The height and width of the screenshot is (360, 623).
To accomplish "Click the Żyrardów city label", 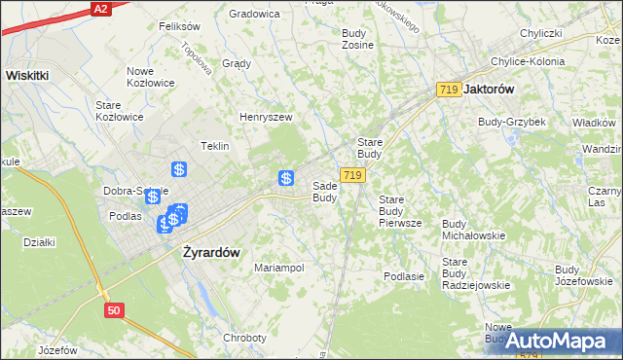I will click(211, 251).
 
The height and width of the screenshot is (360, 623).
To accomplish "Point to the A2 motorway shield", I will click(100, 8).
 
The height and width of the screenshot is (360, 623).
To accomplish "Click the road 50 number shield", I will click(115, 309).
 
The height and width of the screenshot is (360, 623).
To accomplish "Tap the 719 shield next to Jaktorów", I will click(449, 90).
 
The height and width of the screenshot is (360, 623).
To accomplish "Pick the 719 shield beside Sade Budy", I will click(353, 175).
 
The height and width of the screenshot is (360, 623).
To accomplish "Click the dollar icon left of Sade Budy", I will click(286, 178).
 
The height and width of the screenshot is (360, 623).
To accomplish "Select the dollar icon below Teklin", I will click(179, 168).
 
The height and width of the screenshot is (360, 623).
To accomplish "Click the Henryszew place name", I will click(266, 117).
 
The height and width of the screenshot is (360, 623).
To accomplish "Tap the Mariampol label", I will click(279, 268).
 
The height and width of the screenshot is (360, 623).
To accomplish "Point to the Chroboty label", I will click(244, 338).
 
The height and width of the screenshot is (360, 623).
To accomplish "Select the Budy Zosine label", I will click(358, 39).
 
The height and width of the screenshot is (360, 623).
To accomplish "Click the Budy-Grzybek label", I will click(511, 122).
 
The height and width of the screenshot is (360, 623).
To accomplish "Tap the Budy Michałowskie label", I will click(473, 230).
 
